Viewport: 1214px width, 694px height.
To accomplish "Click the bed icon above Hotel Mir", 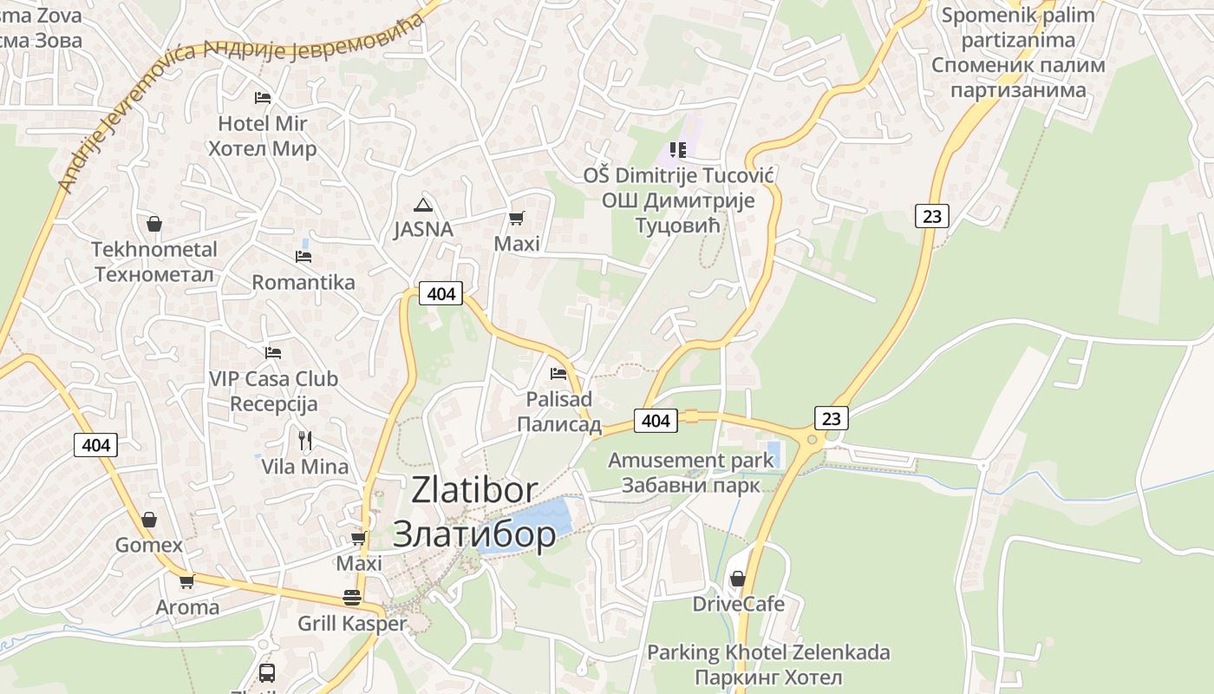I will point(263,97).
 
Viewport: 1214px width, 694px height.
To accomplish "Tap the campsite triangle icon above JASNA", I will point(422,205).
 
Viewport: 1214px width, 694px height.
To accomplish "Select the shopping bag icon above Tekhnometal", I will point(154,224).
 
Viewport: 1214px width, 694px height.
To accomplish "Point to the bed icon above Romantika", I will point(303,257).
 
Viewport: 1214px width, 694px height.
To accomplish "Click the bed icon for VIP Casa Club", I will point(273,353).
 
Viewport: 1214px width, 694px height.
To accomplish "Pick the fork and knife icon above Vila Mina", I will point(304,441).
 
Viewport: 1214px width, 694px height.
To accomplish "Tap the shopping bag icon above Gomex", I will point(149,520).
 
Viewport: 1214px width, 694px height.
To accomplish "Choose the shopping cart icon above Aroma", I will point(186,581).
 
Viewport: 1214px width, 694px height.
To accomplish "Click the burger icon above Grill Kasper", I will point(351,598).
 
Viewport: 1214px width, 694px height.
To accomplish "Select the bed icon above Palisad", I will point(558,374).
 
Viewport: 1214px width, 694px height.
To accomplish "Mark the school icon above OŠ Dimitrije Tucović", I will point(678,150).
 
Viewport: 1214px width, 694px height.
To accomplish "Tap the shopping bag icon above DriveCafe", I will point(738,578).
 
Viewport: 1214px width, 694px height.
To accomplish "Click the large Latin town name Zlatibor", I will point(474,490).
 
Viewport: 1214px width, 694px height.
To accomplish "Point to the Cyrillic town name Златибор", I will point(473,534).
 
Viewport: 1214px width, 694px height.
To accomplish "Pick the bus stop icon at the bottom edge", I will point(267,672).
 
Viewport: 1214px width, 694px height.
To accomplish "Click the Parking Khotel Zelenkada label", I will point(768,652).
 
